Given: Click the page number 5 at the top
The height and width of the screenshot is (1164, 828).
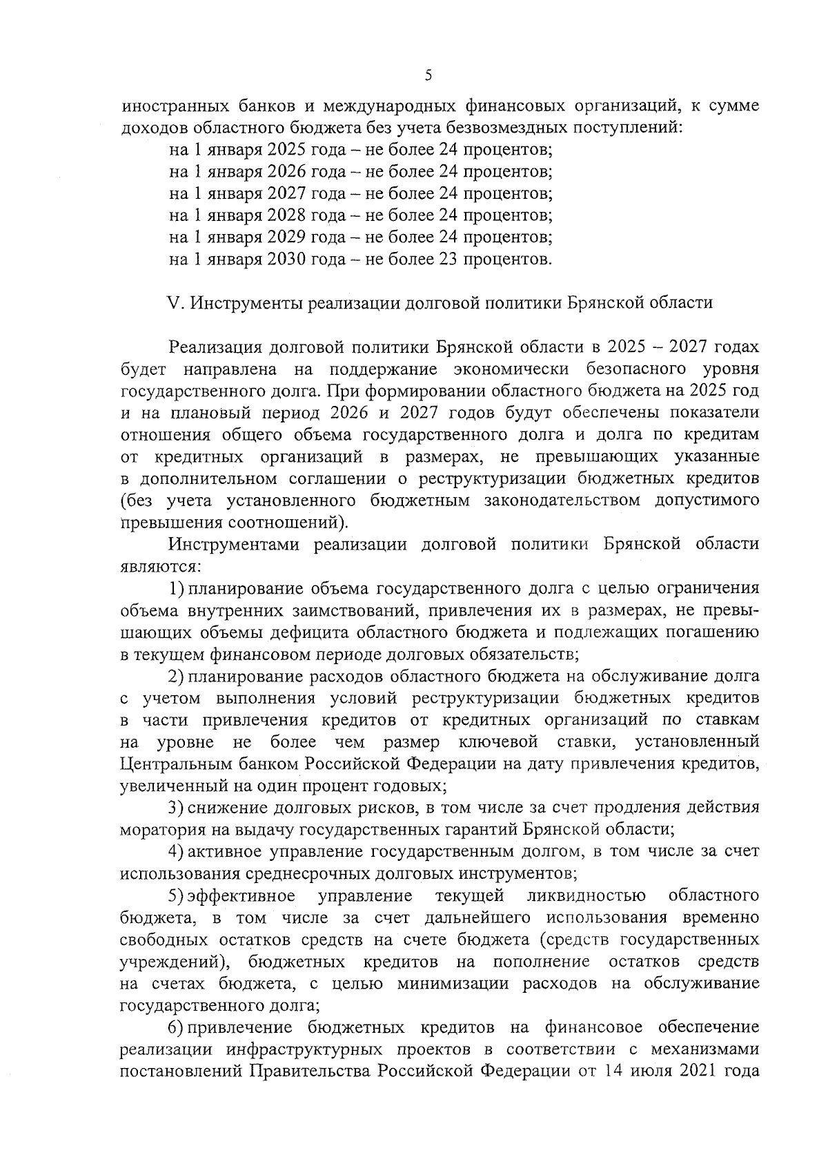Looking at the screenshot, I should click(428, 75).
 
